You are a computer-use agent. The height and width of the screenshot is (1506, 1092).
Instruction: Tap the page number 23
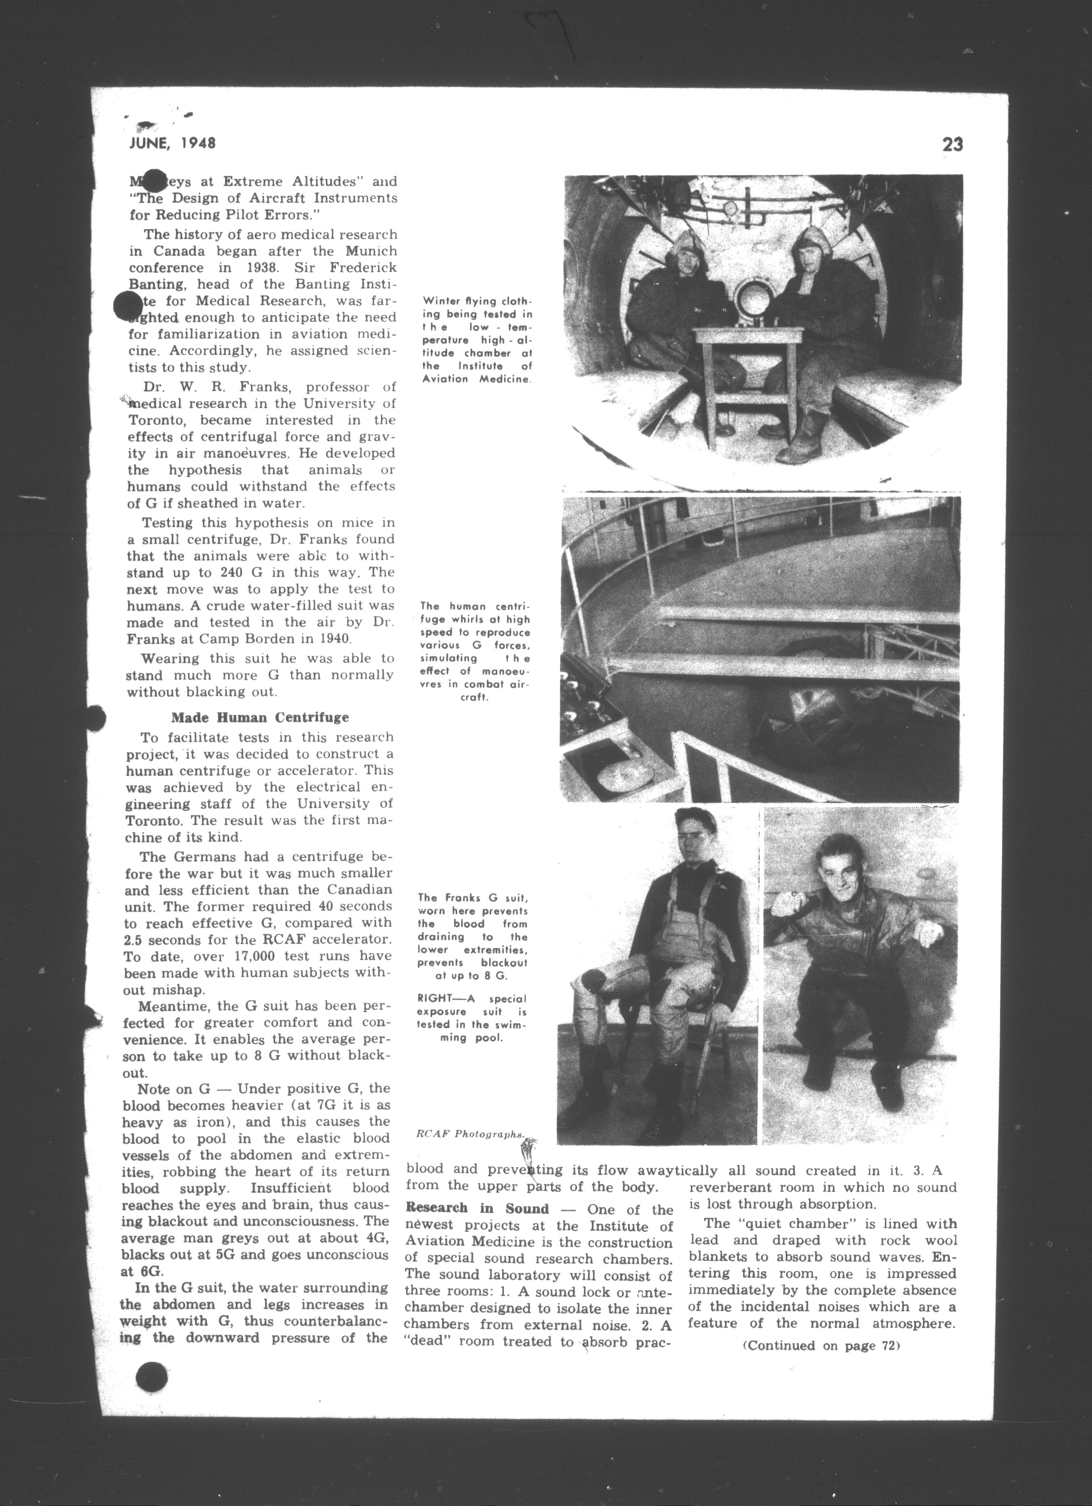pyautogui.click(x=952, y=145)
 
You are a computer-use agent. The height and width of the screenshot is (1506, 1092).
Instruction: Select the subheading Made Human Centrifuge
pyautogui.click(x=260, y=718)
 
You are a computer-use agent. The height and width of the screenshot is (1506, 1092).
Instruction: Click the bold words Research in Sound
pyautogui.click(x=478, y=1208)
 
